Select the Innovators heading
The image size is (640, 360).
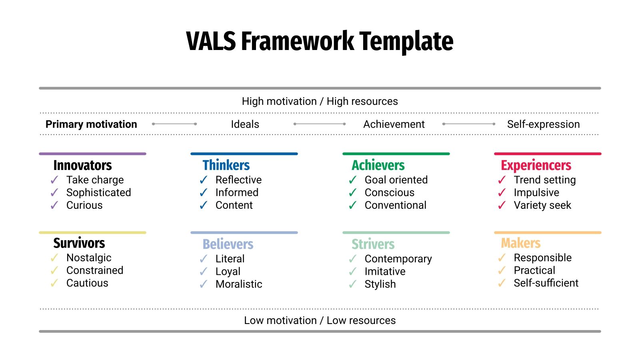(x=82, y=165)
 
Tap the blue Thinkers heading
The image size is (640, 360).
(x=226, y=165)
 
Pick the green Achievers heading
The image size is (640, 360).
(x=378, y=165)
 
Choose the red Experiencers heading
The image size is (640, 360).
(x=536, y=165)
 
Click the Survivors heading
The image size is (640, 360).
(x=79, y=243)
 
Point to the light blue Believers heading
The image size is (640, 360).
(x=228, y=244)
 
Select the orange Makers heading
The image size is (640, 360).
(x=521, y=243)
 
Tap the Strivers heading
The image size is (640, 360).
(x=373, y=244)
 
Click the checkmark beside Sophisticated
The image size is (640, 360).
(x=54, y=193)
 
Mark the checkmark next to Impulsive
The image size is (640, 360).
(x=502, y=193)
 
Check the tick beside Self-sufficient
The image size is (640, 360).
(x=502, y=283)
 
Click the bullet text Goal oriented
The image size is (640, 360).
(x=396, y=180)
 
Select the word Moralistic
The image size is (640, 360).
(x=239, y=284)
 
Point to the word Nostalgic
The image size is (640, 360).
(x=89, y=258)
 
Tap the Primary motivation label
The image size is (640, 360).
(x=91, y=124)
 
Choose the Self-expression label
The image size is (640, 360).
(x=543, y=124)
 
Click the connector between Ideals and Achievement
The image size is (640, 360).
(x=320, y=124)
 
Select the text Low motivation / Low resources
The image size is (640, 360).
(x=320, y=320)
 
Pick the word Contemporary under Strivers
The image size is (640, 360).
(x=398, y=259)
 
